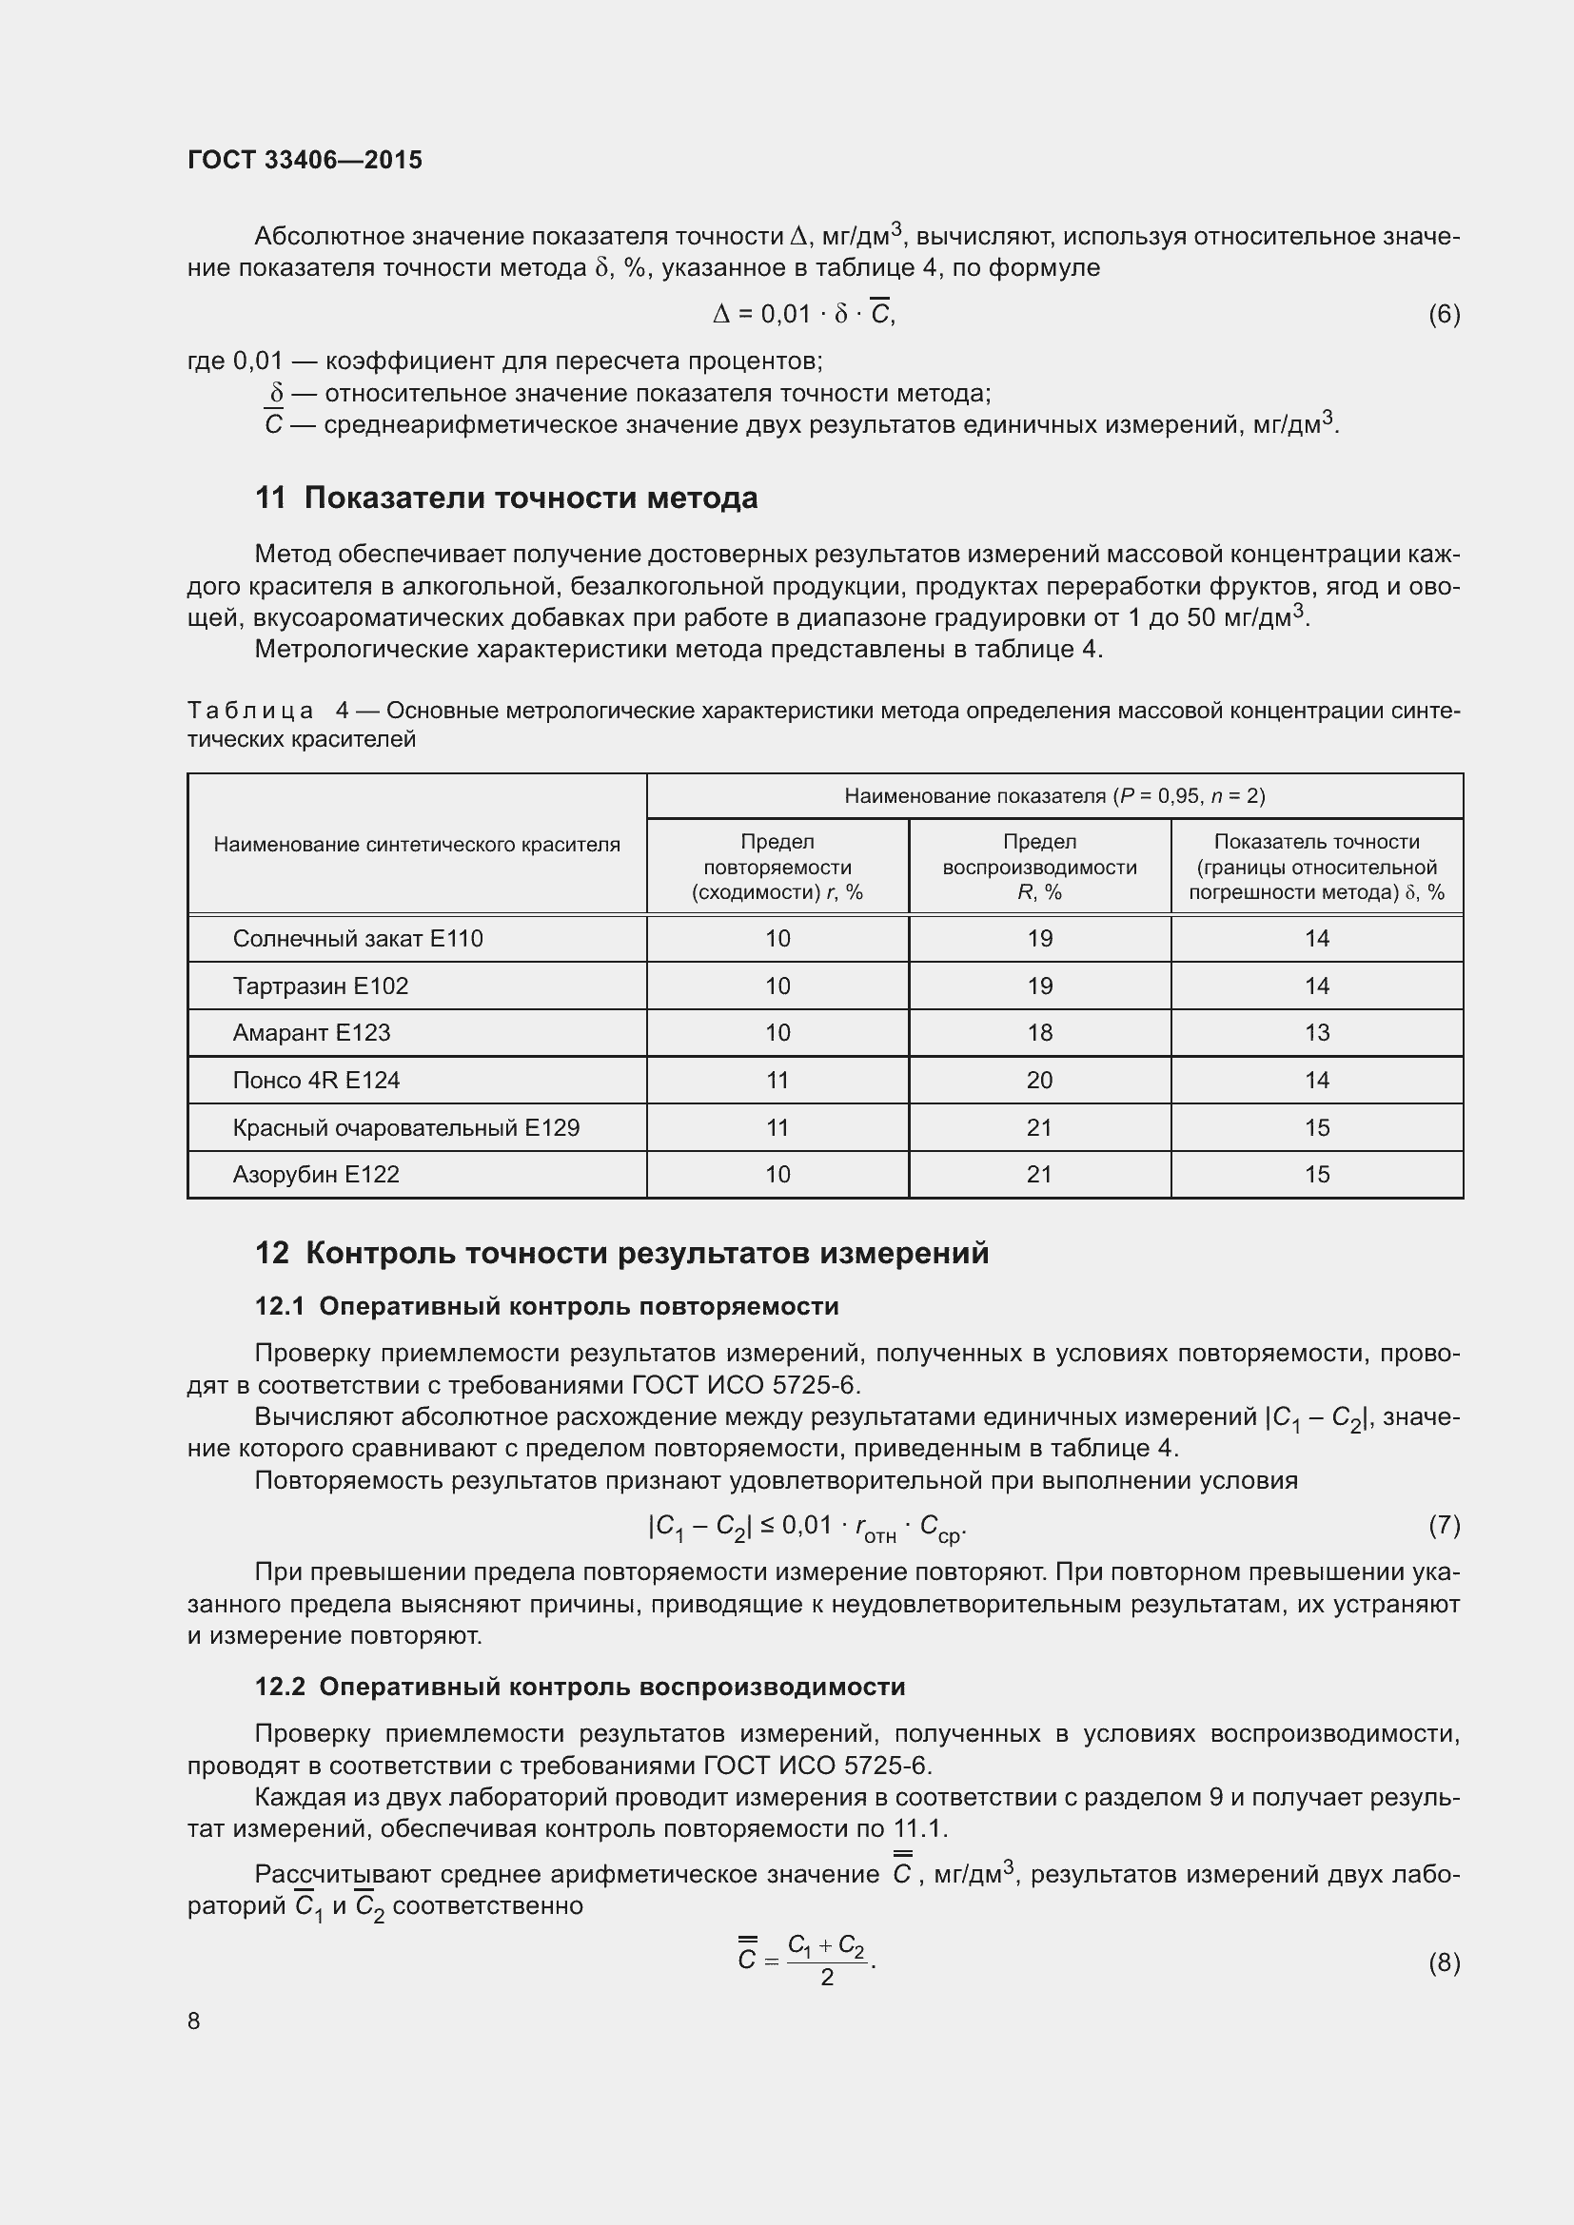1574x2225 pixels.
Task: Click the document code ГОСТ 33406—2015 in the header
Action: point(305,160)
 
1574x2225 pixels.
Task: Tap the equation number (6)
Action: point(1444,314)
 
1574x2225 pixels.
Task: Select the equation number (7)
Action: point(1444,1525)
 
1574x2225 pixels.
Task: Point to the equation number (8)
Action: point(1444,1962)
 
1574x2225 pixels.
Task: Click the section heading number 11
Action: point(270,498)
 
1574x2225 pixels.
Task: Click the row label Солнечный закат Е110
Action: point(358,938)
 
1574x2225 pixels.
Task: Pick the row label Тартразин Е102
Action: point(320,986)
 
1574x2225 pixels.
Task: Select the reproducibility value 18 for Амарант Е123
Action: point(1039,1033)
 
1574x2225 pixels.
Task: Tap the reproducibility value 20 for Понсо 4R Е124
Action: point(1039,1080)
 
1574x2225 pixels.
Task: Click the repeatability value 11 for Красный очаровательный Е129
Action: point(777,1127)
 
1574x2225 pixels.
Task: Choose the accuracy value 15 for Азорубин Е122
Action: point(1316,1175)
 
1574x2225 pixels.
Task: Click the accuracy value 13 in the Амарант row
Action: point(1316,1033)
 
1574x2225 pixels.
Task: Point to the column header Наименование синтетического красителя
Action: point(417,844)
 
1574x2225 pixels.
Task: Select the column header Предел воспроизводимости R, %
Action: point(1039,867)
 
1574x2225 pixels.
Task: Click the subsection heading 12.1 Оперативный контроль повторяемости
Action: point(546,1306)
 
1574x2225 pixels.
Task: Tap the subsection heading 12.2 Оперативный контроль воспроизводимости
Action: point(580,1687)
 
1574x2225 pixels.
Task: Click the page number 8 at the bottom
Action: point(194,2020)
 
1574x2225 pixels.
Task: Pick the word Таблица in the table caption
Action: point(250,711)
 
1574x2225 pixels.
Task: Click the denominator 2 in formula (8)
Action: point(827,1977)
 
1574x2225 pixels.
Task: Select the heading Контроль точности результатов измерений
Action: point(646,1253)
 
